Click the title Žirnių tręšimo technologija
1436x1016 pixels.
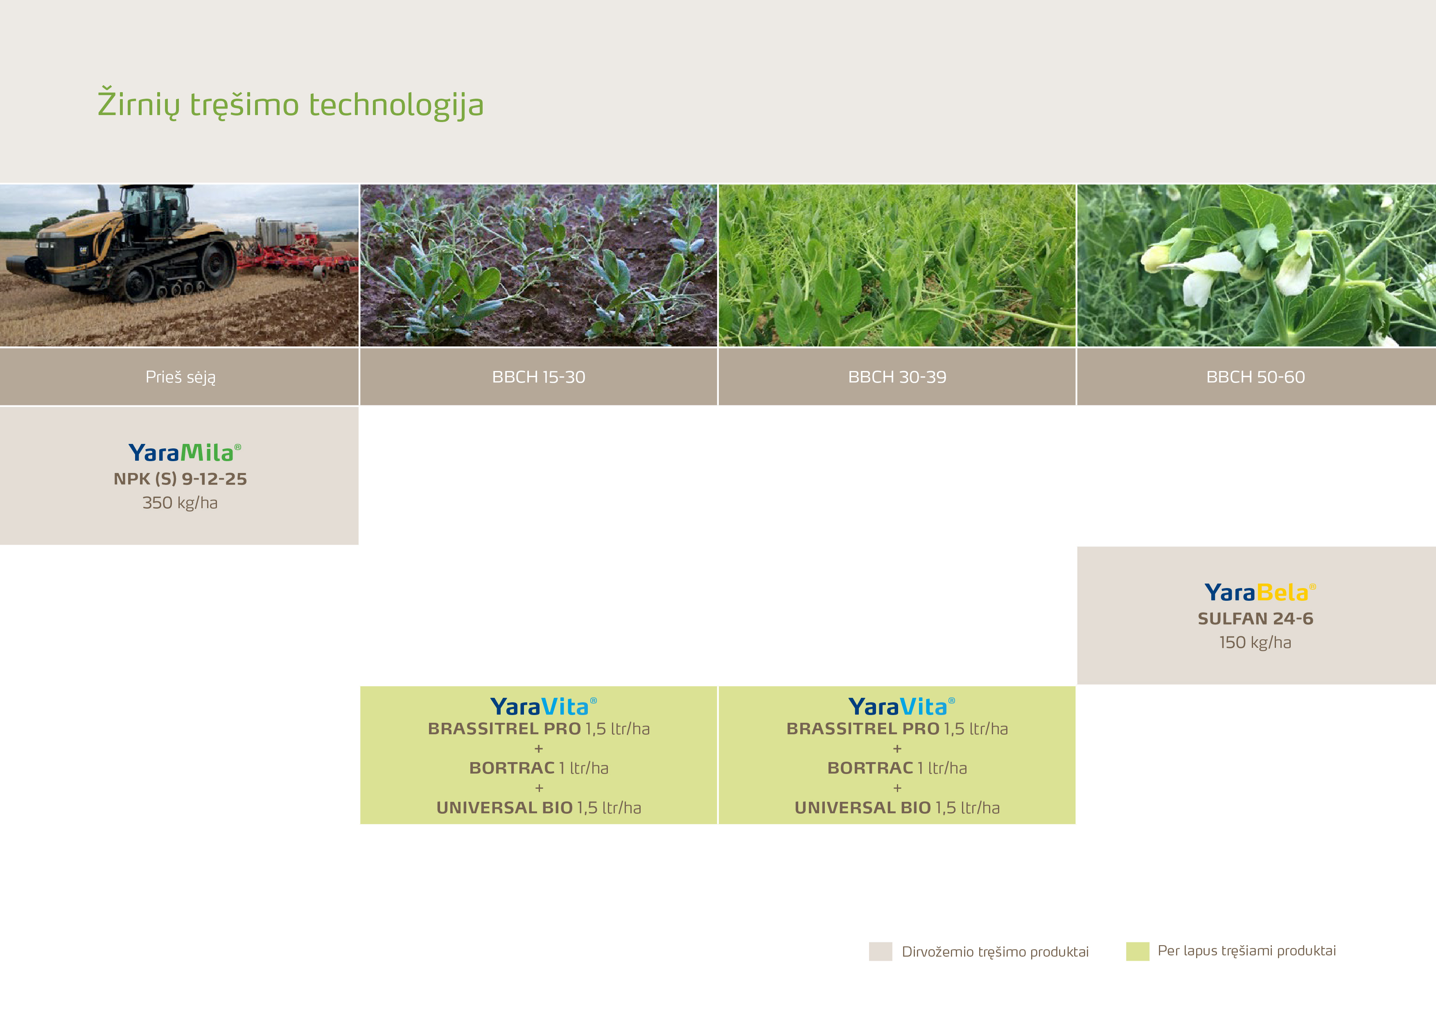click(291, 104)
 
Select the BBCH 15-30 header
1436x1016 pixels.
click(539, 377)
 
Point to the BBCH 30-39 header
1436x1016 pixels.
click(897, 377)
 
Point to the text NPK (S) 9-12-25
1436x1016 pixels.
click(180, 479)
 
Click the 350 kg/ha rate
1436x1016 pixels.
click(180, 503)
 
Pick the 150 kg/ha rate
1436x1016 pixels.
click(1255, 643)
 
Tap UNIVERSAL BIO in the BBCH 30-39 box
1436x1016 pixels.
click(863, 808)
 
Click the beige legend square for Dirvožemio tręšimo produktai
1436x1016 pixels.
click(881, 951)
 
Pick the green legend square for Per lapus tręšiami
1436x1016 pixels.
click(1138, 951)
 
